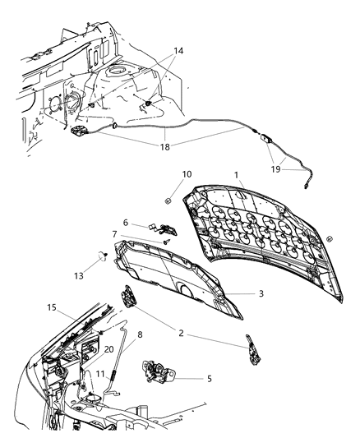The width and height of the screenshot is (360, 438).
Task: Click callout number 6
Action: point(126,222)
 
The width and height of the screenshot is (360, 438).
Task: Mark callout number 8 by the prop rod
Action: point(140,334)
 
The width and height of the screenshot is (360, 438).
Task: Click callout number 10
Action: point(186,174)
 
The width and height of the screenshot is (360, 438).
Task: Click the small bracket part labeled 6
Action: point(164,228)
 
